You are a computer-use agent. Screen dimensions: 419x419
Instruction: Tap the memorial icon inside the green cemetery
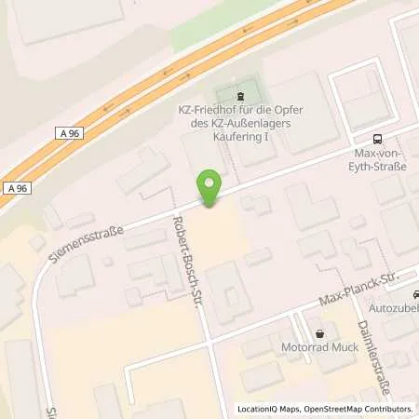(x=240, y=96)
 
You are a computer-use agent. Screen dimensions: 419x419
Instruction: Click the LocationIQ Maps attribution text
(x=271, y=409)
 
